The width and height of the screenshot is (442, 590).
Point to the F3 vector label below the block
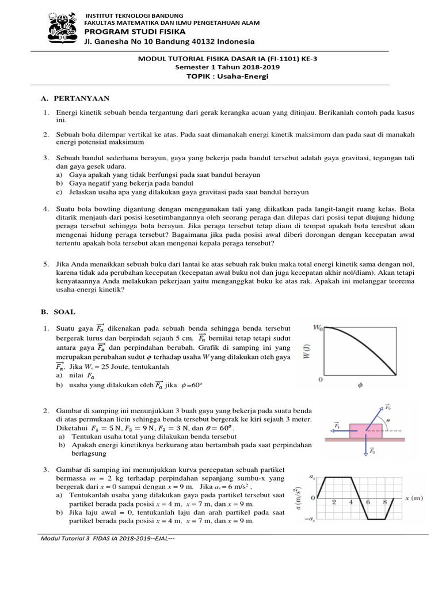point(373,451)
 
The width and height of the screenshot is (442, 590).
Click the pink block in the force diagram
point(365,430)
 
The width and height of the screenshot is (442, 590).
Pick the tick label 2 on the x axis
point(334,502)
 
